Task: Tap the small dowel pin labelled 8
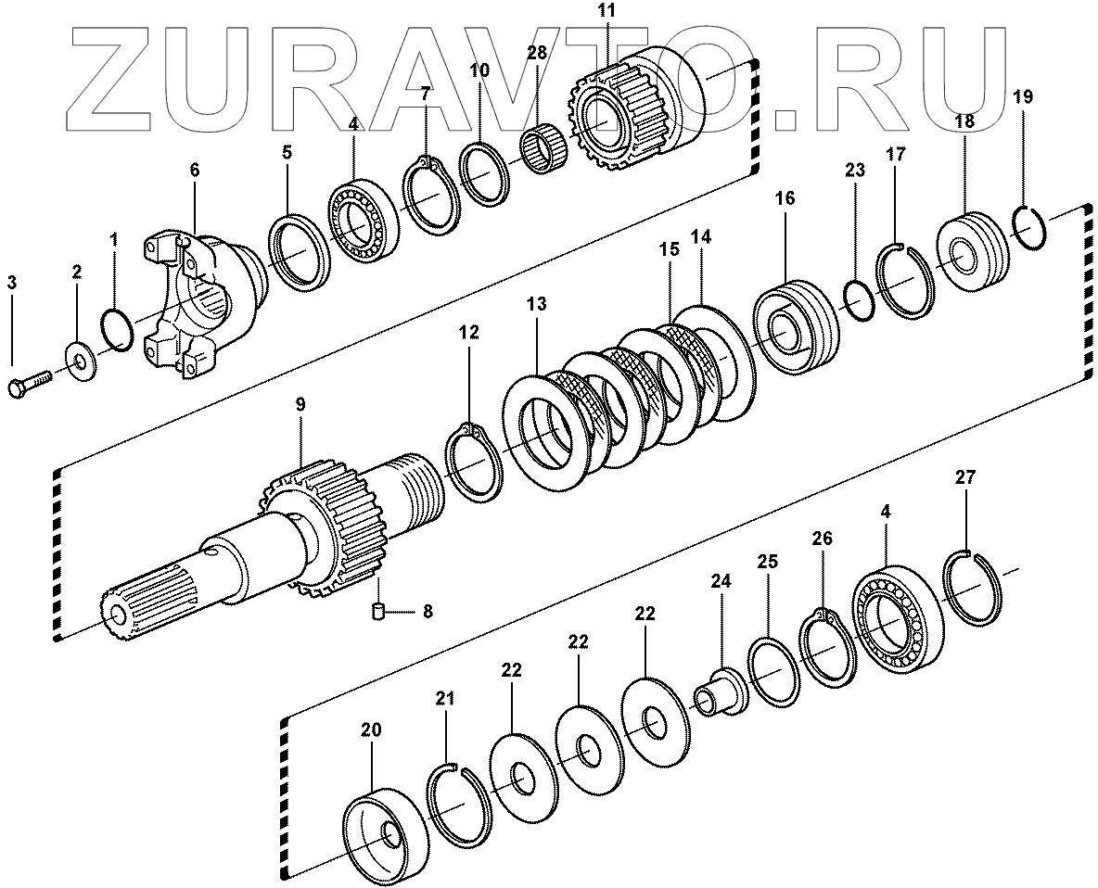(x=377, y=611)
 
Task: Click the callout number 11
(x=607, y=12)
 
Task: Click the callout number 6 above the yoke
(x=194, y=170)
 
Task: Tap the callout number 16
(x=785, y=198)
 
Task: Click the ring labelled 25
(x=773, y=671)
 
